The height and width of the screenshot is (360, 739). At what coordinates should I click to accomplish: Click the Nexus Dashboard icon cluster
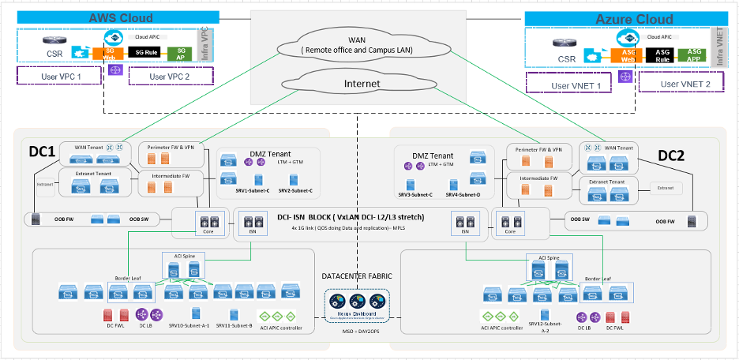pos(357,302)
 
